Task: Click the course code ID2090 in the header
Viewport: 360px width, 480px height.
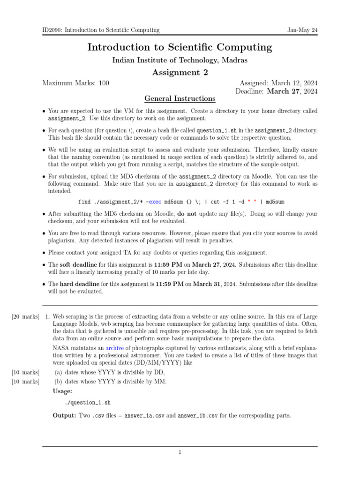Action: (52, 30)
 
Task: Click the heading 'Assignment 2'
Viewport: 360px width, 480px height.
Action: (180, 72)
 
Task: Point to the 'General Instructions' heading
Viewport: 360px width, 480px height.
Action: (180, 98)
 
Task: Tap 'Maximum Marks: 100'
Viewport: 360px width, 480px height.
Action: (76, 83)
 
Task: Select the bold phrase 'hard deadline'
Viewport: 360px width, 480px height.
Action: (80, 284)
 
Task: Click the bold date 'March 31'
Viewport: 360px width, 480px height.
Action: (207, 284)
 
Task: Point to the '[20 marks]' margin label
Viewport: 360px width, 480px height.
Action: (25, 316)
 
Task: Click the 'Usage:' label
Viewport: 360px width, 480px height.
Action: (62, 391)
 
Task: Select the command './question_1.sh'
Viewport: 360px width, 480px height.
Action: (88, 402)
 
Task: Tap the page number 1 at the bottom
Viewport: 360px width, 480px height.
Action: (180, 452)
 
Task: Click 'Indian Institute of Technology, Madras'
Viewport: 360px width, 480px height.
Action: (180, 60)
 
